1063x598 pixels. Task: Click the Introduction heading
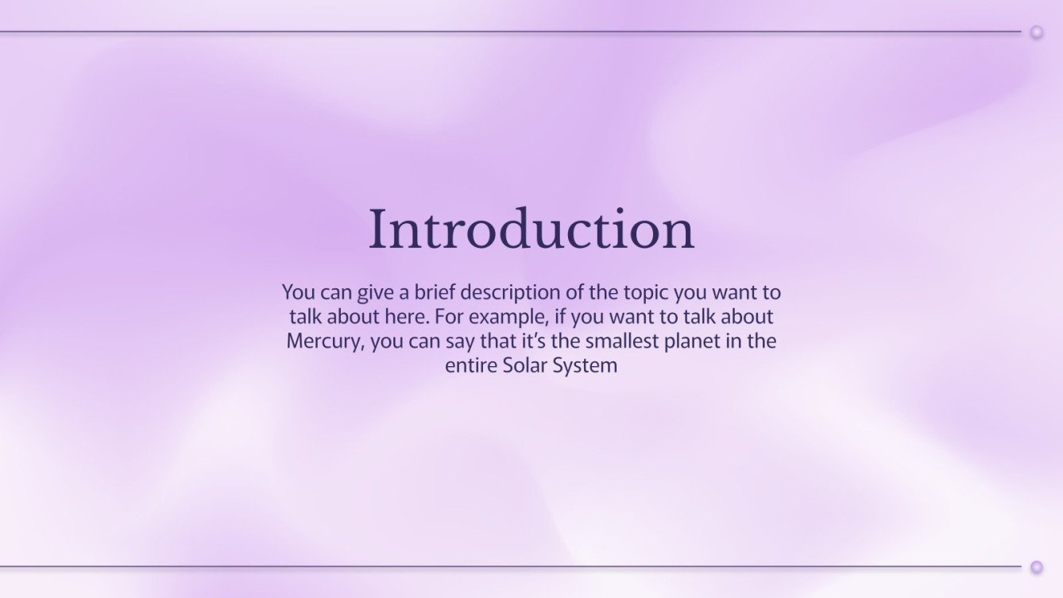(531, 230)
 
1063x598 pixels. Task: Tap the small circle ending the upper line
(1036, 32)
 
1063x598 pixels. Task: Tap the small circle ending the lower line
(1036, 567)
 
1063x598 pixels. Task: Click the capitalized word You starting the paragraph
(298, 292)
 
